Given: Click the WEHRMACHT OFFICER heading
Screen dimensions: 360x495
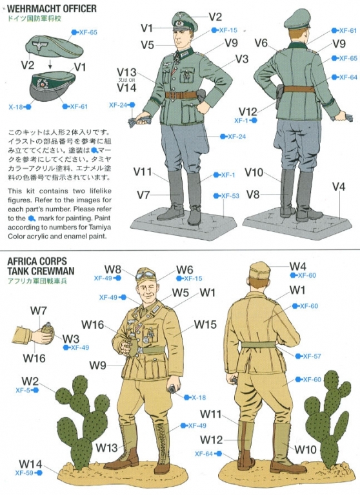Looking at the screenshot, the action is [52, 8].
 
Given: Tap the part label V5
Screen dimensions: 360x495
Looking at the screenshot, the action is [147, 45].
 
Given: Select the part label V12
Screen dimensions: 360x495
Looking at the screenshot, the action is [248, 111].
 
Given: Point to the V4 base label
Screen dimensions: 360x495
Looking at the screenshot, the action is [339, 187].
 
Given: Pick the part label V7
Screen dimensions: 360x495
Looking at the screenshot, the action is [143, 195].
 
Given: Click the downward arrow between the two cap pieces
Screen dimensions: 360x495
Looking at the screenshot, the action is [50, 65].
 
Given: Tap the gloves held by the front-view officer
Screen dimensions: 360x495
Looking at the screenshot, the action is [139, 121].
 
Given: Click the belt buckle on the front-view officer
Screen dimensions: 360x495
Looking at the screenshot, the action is [181, 95].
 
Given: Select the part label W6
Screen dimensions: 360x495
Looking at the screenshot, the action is [185, 269].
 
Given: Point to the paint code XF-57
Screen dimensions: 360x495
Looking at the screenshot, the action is [312, 356].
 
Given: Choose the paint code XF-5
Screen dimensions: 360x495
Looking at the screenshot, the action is [23, 391].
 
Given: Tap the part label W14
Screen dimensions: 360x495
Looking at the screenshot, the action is [30, 464].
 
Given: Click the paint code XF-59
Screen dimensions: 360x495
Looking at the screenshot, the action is [25, 473].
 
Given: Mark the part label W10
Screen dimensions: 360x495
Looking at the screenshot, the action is [305, 449].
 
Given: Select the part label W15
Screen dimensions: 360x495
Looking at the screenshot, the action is [205, 324].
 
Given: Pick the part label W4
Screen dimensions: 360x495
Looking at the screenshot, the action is [298, 266].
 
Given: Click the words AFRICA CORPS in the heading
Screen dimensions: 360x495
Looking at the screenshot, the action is [37, 262].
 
